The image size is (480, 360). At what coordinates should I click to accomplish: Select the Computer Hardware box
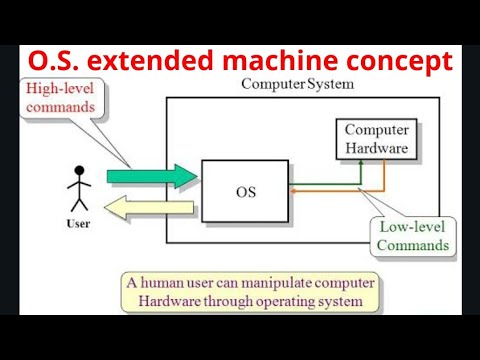pos(376,139)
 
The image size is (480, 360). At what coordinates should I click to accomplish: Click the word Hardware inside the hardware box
pos(376,148)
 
